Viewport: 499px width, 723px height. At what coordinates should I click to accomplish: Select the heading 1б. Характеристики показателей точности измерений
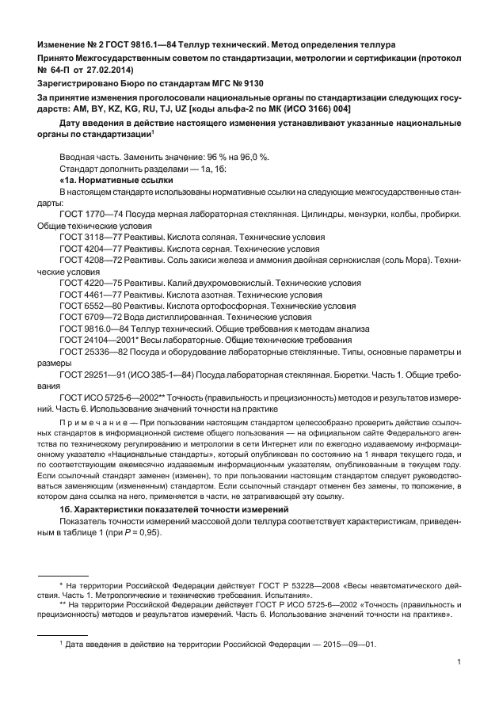coord(173,508)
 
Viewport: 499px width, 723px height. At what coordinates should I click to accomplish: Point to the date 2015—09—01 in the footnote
coord(342,644)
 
